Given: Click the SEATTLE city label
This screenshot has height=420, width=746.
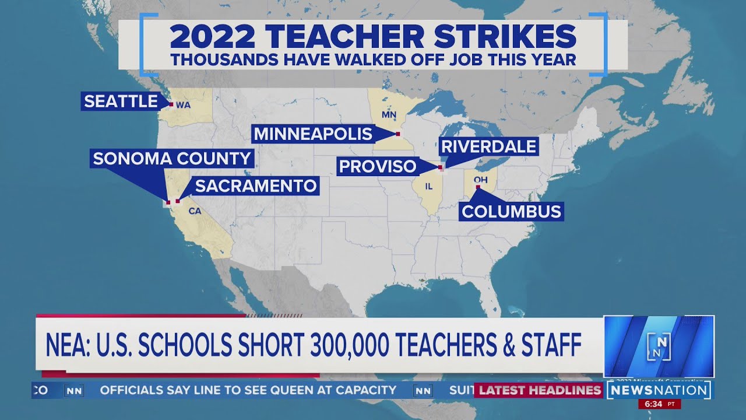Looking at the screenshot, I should tap(121, 101).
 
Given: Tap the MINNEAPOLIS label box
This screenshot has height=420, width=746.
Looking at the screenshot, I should tap(312, 134).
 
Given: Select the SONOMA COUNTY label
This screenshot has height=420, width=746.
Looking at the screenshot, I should tap(172, 158).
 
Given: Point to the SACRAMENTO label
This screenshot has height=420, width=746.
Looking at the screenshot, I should tap(255, 186).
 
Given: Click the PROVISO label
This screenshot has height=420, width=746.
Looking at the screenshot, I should tap(378, 166).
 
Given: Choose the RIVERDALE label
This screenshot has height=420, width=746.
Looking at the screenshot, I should tap(488, 146).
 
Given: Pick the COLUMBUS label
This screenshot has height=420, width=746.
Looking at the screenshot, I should tap(511, 211).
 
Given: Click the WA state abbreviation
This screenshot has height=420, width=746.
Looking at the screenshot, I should tap(183, 105).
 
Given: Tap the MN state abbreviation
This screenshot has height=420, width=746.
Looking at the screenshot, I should tap(389, 114).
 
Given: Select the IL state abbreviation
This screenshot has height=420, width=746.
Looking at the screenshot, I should tap(429, 187).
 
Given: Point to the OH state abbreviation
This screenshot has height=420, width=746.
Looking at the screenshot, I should tap(481, 180).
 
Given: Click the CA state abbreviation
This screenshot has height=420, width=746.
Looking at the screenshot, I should tap(195, 211).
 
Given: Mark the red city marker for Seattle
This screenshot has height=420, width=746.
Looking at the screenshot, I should tap(171, 104).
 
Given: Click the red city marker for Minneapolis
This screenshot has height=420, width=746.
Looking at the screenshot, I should tap(397, 134).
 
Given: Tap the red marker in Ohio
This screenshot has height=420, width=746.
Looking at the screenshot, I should tap(478, 187).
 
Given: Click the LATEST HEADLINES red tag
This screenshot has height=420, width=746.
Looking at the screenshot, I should tap(540, 390).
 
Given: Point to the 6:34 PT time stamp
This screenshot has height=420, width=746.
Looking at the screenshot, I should tap(659, 404).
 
